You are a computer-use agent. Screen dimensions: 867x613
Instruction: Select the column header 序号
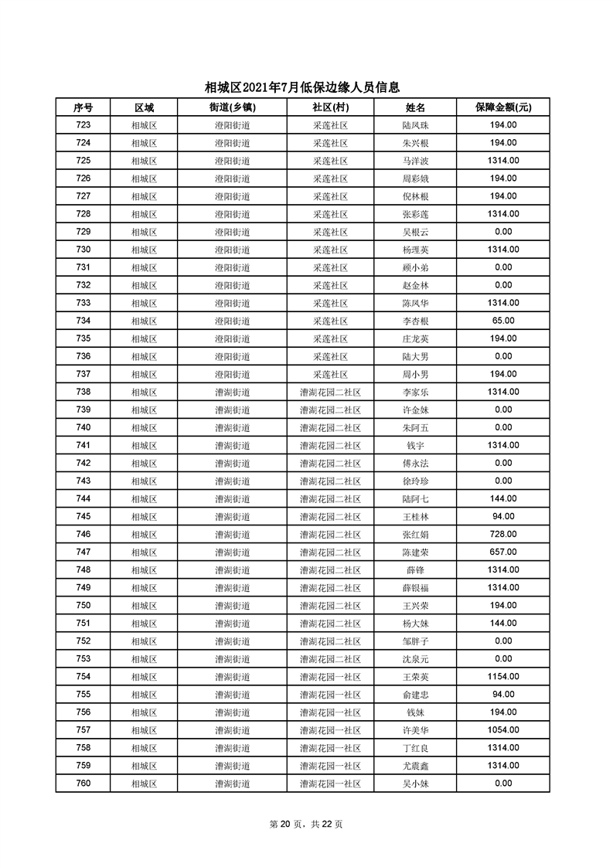tap(83, 107)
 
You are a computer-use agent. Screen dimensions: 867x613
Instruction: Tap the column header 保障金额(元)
tap(502, 107)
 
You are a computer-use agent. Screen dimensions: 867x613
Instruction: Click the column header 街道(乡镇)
tap(232, 107)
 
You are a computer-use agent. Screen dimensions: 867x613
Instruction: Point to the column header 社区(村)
tap(330, 107)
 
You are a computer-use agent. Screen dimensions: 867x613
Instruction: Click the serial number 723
tap(83, 125)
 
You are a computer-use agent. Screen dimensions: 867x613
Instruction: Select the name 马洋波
tap(416, 161)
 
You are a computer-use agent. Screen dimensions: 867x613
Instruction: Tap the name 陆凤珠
tap(416, 125)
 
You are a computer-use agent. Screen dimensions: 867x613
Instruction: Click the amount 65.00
tap(502, 321)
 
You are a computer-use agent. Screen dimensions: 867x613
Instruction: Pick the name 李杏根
tap(416, 321)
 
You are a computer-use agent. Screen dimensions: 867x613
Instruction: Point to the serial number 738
tap(83, 392)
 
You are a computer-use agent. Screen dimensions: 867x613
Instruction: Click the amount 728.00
tap(502, 534)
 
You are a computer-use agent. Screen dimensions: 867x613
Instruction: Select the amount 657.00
tap(502, 552)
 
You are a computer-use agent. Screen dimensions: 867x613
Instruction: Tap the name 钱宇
tap(416, 445)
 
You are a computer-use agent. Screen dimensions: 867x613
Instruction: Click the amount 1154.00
tap(502, 676)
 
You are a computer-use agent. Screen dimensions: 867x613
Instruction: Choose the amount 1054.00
tap(502, 729)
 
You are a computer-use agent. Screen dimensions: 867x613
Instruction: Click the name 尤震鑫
tap(416, 765)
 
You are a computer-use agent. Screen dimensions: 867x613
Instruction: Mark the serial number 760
tap(83, 783)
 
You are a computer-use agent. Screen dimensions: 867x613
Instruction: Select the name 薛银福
tap(416, 587)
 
